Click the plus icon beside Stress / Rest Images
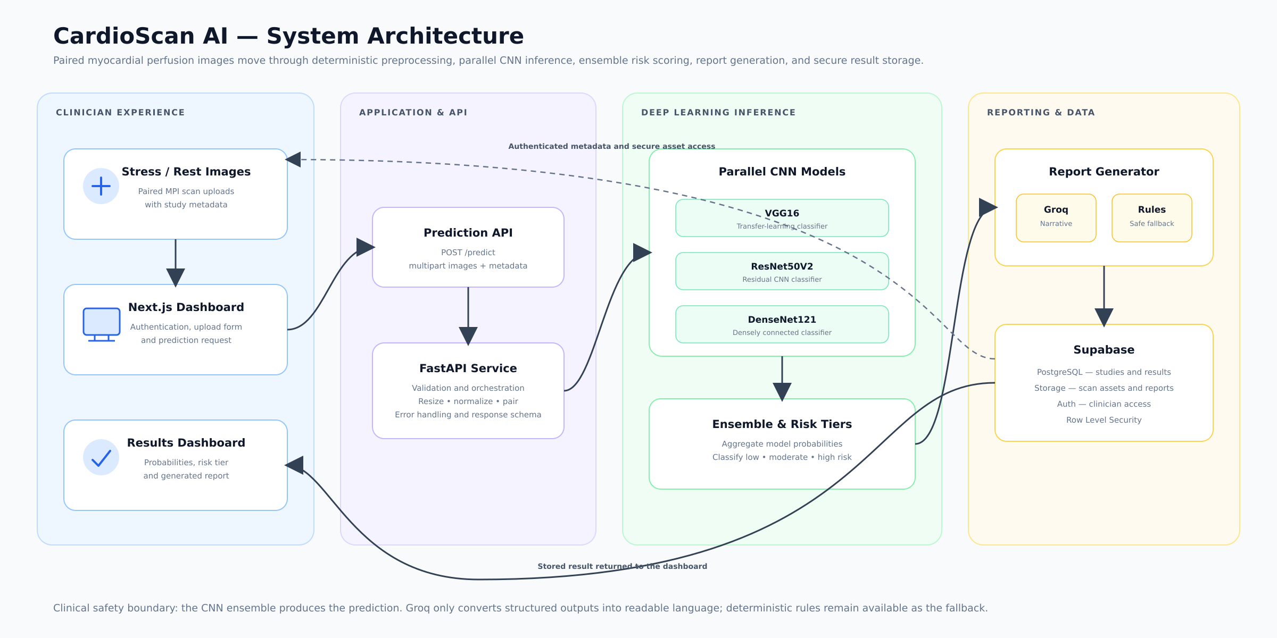pyautogui.click(x=101, y=186)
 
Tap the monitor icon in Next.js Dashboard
pyautogui.click(x=102, y=324)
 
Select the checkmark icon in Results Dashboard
pyautogui.click(x=101, y=457)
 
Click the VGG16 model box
pyautogui.click(x=782, y=218)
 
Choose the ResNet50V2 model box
pyautogui.click(x=782, y=271)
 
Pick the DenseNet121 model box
pyautogui.click(x=782, y=324)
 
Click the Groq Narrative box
pyautogui.click(x=1056, y=218)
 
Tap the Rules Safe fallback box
pyautogui.click(x=1152, y=218)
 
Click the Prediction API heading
pyautogui.click(x=468, y=233)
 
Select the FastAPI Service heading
pyautogui.click(x=468, y=368)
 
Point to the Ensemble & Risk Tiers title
pyautogui.click(x=782, y=424)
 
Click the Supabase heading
pyautogui.click(x=1104, y=350)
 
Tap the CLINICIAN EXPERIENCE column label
pyautogui.click(x=120, y=113)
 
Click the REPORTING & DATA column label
pyautogui.click(x=1041, y=113)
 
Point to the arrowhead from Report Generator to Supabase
pyautogui.click(x=1104, y=317)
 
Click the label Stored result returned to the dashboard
pyautogui.click(x=623, y=566)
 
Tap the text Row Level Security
pyautogui.click(x=1104, y=420)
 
